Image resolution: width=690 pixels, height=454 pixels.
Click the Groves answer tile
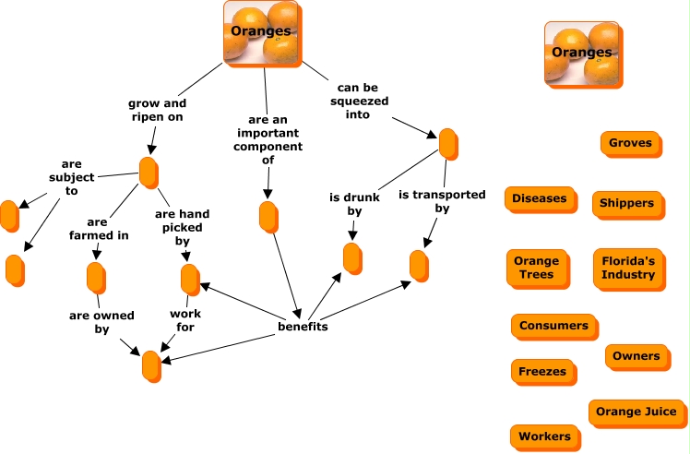(x=630, y=143)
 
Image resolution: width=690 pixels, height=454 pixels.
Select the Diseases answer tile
(x=540, y=198)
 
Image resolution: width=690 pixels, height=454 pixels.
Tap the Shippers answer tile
(x=626, y=203)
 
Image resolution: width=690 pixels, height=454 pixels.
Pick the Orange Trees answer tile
(x=535, y=268)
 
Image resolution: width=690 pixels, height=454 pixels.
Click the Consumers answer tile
(x=553, y=326)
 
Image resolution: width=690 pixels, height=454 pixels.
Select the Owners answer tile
(x=636, y=355)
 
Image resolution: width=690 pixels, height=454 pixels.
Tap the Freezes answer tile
(x=542, y=371)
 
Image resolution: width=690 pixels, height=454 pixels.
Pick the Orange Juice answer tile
(x=636, y=412)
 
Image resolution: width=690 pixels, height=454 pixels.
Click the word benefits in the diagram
(x=303, y=326)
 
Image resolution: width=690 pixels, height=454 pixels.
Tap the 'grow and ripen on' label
(x=157, y=110)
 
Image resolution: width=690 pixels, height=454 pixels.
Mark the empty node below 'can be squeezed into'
(x=447, y=144)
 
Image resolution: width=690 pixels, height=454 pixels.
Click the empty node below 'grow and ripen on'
(x=149, y=172)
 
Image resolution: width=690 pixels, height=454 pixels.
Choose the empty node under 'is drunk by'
(x=352, y=258)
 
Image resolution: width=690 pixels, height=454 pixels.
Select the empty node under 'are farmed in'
(x=95, y=277)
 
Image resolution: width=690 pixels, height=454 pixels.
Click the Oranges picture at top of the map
(x=261, y=32)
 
